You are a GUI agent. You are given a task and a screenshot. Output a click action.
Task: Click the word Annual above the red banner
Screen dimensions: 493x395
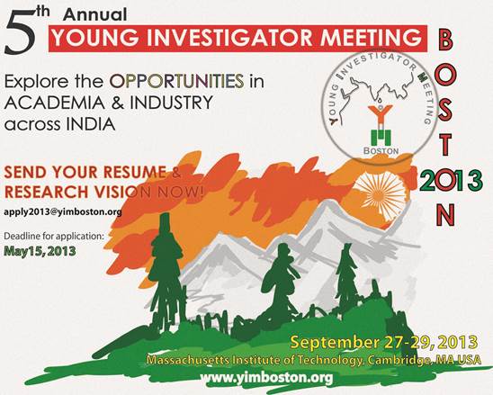pyautogui.click(x=95, y=14)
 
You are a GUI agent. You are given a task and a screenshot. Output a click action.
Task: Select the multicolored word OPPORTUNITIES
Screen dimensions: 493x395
pyautogui.click(x=176, y=81)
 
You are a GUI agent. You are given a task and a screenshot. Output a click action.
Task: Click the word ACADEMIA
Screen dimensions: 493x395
pyautogui.click(x=54, y=103)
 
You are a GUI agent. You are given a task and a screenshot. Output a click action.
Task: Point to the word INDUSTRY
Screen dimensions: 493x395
pyautogui.click(x=171, y=103)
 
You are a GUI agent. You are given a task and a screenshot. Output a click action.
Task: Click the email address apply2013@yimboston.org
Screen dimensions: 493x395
pyautogui.click(x=63, y=212)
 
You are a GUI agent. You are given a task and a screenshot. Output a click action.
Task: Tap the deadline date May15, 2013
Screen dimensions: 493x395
pyautogui.click(x=40, y=251)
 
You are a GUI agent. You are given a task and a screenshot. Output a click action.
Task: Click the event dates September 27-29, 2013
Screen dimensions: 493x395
pyautogui.click(x=384, y=343)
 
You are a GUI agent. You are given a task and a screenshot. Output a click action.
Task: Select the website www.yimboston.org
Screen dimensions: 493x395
pyautogui.click(x=266, y=378)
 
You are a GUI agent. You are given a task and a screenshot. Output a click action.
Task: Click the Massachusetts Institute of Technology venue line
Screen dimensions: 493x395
pyautogui.click(x=313, y=360)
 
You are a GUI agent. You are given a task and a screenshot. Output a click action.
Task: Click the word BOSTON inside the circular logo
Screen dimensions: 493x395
pyautogui.click(x=381, y=150)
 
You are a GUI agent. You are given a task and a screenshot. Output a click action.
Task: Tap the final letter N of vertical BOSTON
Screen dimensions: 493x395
pyautogui.click(x=445, y=215)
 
